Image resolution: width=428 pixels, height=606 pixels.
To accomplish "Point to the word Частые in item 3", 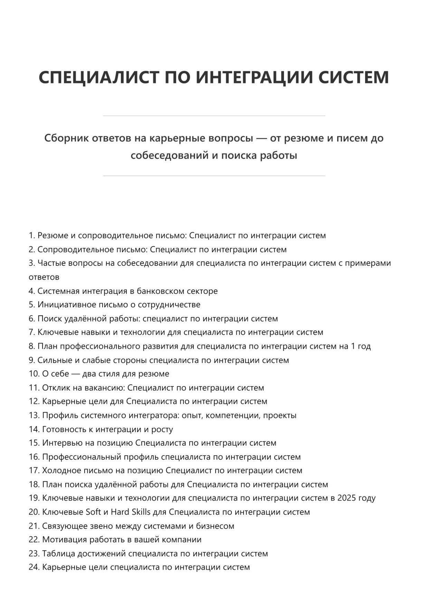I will pos(51,263).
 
